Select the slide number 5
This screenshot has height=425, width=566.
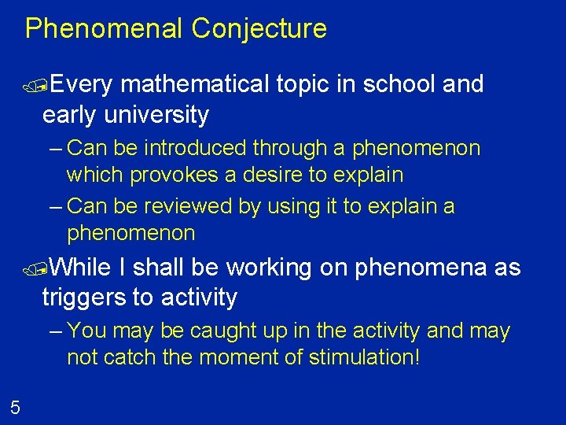coord(15,407)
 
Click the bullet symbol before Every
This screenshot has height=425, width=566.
coord(33,86)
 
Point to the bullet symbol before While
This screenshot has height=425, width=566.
coord(33,269)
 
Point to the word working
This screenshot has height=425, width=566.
coord(269,268)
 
